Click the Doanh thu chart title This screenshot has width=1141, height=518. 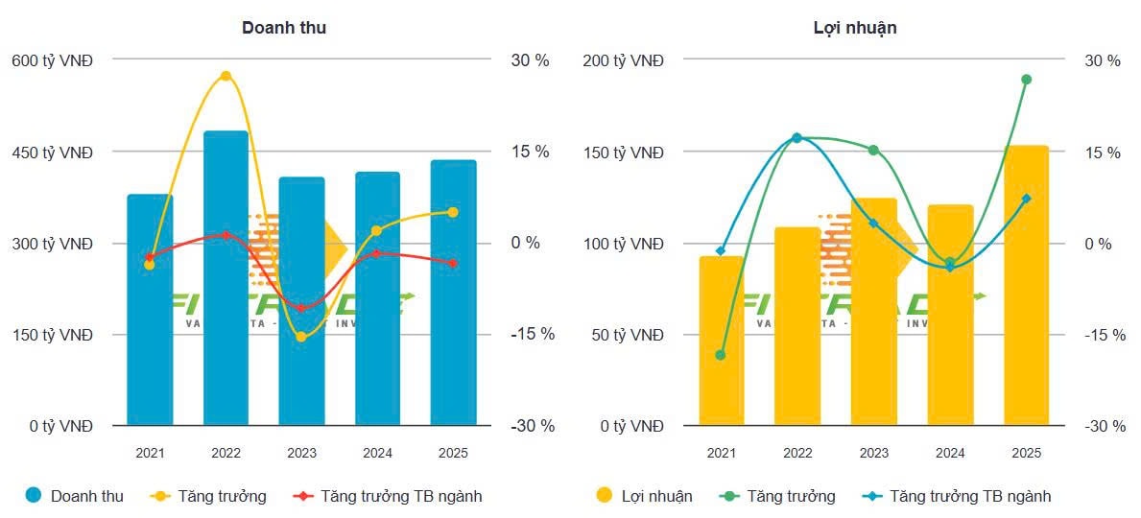pos(283,28)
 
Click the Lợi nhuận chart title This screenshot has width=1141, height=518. pos(854,28)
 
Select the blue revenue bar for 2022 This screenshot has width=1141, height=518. pos(226,278)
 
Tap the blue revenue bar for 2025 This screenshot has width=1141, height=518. pos(453,293)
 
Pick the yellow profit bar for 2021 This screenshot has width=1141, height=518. pos(721,341)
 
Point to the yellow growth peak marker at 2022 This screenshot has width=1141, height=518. pos(226,76)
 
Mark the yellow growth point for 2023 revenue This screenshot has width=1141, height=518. pos(301,337)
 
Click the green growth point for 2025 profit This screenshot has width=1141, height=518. pos(1026,80)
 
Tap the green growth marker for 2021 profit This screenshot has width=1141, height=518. pos(721,355)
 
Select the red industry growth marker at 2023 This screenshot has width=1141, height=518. pos(301,308)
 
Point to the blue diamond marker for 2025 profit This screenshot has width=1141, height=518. pos(1026,199)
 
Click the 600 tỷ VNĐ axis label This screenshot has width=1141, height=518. pos(52,60)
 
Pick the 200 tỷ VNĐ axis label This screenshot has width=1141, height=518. pos(623,60)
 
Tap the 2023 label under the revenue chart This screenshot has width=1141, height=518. pos(301,453)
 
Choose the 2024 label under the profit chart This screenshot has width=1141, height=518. pos(950,453)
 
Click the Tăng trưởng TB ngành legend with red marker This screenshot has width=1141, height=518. pos(401,496)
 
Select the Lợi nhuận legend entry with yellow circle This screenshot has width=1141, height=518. pos(656,496)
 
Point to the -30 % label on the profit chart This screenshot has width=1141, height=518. pos(1105,426)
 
